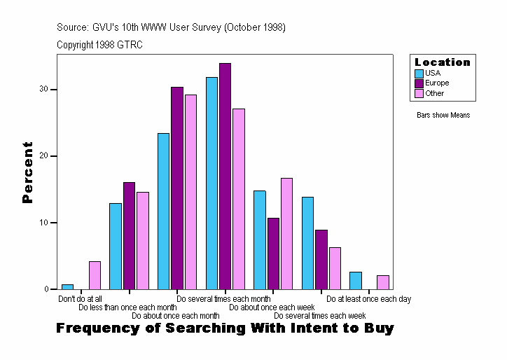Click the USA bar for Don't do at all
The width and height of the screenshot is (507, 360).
(67, 286)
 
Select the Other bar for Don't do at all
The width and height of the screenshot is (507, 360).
(95, 275)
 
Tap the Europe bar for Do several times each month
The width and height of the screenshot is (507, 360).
(225, 176)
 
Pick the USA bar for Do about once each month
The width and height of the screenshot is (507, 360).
(163, 211)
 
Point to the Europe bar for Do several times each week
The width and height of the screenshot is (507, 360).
(321, 259)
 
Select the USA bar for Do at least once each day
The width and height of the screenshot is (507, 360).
(356, 280)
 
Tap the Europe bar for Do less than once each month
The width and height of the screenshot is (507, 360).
(129, 235)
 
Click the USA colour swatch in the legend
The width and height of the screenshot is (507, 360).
(419, 73)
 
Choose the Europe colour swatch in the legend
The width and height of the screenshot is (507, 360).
(419, 83)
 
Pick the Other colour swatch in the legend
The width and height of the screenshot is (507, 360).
(419, 94)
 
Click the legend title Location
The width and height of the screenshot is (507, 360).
(443, 62)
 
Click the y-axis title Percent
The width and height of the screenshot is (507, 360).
(28, 172)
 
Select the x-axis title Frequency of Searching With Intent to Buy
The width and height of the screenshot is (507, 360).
(225, 328)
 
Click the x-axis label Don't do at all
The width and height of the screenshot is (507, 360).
(80, 299)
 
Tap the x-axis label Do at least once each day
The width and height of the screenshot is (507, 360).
(368, 299)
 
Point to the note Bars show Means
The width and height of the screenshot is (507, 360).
(443, 115)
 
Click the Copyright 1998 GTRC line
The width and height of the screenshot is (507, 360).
(100, 44)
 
